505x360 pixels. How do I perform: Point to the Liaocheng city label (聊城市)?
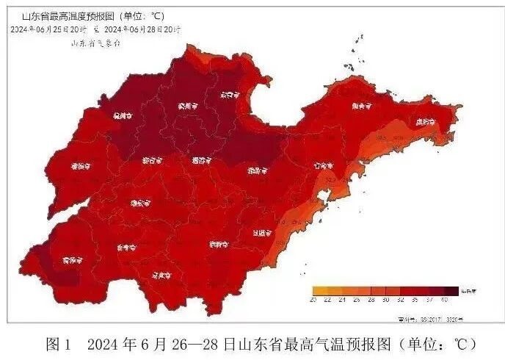80,166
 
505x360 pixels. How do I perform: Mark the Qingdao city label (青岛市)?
321,166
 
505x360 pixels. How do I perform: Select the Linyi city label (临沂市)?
217,243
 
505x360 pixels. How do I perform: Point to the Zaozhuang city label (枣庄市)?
161,276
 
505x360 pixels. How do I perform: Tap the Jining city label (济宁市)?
125,248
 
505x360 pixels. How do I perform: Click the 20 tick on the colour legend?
313,300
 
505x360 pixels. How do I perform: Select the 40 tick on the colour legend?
445,300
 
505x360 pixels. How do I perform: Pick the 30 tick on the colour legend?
385,300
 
